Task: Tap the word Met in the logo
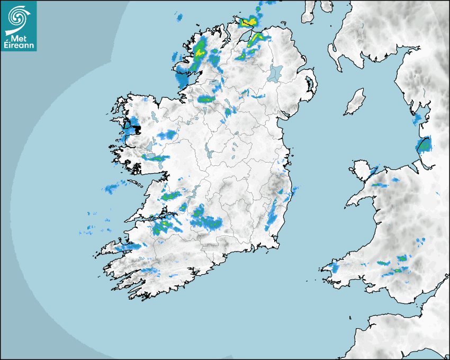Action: tap(19, 37)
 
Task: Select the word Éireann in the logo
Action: tap(19, 45)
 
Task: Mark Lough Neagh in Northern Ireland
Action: tap(275, 73)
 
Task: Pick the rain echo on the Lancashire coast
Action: tap(425, 144)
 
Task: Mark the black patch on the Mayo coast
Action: tap(136, 129)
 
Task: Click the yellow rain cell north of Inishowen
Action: tap(248, 22)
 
